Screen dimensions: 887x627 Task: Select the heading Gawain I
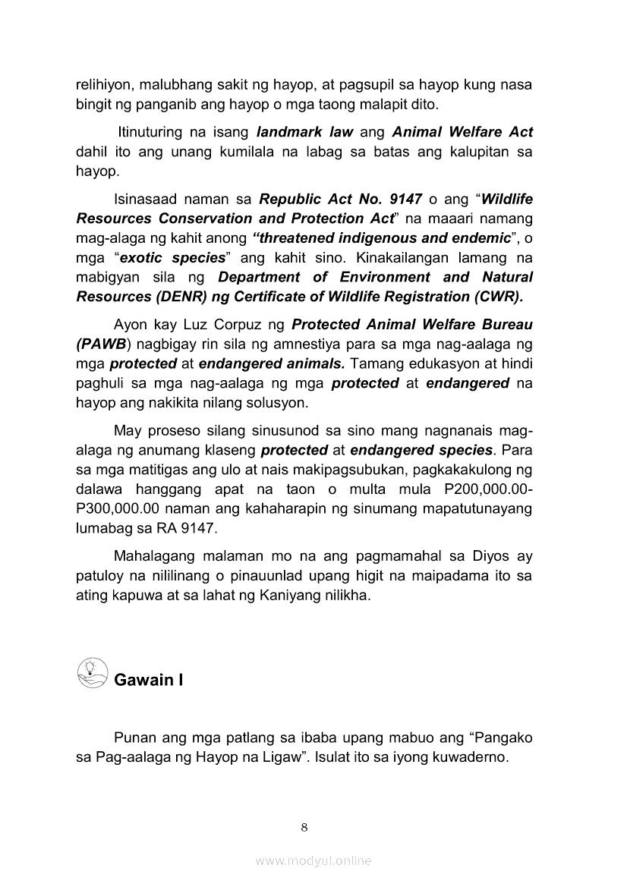point(149,680)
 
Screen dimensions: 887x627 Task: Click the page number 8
point(304,826)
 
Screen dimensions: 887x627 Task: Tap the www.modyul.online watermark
point(313,860)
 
